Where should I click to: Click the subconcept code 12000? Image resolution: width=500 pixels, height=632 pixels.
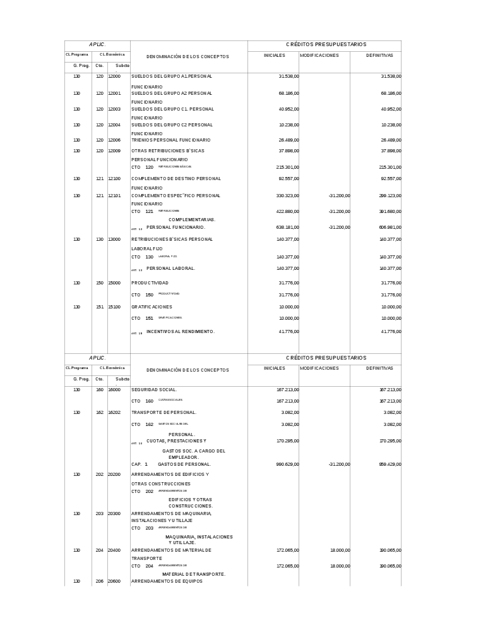pyautogui.click(x=114, y=76)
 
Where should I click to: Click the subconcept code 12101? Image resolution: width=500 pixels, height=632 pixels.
pyautogui.click(x=114, y=196)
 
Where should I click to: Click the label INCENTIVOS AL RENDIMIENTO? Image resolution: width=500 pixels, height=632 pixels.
pyautogui.click(x=181, y=331)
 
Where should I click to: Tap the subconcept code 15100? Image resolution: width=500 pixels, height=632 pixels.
pyautogui.click(x=114, y=307)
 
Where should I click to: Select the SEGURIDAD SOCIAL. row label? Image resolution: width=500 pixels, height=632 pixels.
pyautogui.click(x=154, y=390)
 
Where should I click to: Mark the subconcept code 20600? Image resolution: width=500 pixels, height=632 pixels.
pyautogui.click(x=114, y=581)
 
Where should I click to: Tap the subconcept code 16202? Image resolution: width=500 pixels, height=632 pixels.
pyautogui.click(x=114, y=413)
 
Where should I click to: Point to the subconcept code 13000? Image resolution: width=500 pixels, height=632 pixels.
pyautogui.click(x=114, y=240)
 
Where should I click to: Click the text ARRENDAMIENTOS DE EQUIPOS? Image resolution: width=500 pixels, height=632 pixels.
pyautogui.click(x=167, y=581)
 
